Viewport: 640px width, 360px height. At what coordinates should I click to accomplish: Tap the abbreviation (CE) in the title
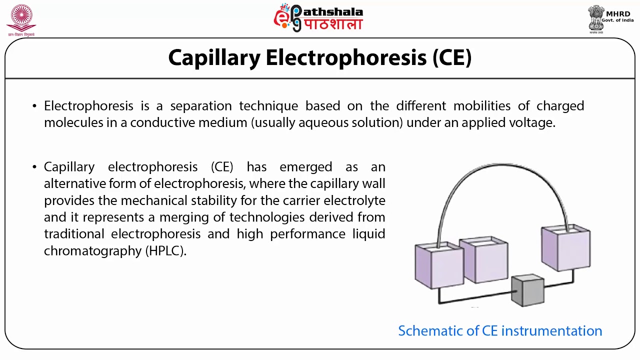click(452, 58)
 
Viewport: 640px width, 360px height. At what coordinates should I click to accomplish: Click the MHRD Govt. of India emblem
click(596, 19)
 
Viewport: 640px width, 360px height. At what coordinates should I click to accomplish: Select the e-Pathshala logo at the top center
click(318, 18)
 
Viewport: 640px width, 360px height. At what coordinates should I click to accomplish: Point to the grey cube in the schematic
click(528, 290)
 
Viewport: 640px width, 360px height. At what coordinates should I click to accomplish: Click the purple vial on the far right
click(566, 249)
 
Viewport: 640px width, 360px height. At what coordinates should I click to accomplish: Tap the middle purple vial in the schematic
click(483, 260)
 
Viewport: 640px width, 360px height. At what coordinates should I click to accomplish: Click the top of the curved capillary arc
click(502, 165)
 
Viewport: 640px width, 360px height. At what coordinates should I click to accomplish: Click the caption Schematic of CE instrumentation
click(500, 331)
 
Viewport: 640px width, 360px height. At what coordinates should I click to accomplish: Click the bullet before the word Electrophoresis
click(34, 106)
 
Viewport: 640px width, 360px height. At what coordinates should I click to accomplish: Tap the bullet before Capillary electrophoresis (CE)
click(34, 167)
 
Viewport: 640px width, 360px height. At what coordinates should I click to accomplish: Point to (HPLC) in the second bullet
click(166, 251)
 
